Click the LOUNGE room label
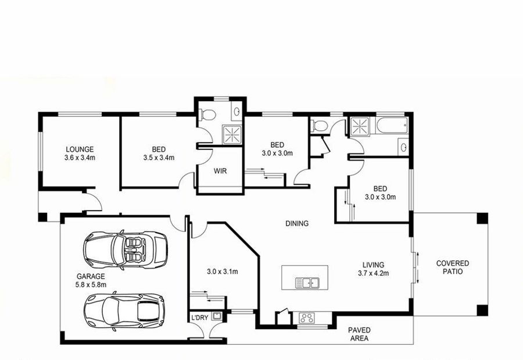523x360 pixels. [x=80, y=149]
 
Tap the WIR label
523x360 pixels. [x=220, y=171]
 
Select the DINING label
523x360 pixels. [x=297, y=223]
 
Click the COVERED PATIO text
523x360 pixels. [x=453, y=268]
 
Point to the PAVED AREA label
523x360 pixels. [x=359, y=334]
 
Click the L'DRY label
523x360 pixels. [x=199, y=318]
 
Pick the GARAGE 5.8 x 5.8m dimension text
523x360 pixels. [x=91, y=280]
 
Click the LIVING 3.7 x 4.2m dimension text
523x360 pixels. [x=373, y=269]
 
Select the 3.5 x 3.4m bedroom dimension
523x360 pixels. [x=159, y=158]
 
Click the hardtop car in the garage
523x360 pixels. [x=124, y=311]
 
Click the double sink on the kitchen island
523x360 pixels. [x=307, y=283]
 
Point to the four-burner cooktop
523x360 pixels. [x=306, y=318]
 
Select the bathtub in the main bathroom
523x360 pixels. [x=392, y=125]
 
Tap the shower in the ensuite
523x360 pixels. [x=232, y=134]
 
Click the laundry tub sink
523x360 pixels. [x=217, y=316]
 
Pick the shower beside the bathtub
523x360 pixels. [x=360, y=127]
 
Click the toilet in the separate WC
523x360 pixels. [x=319, y=126]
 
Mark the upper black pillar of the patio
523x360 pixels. [x=482, y=219]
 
